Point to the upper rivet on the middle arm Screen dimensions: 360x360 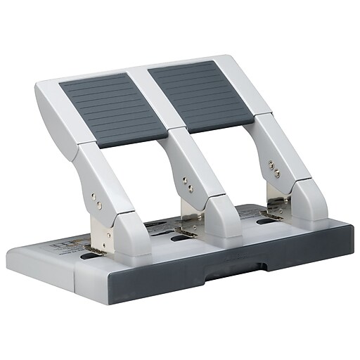coord(185,179)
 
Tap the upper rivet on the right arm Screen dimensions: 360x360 coord(271,165)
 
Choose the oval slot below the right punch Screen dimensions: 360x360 coord(265,221)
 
